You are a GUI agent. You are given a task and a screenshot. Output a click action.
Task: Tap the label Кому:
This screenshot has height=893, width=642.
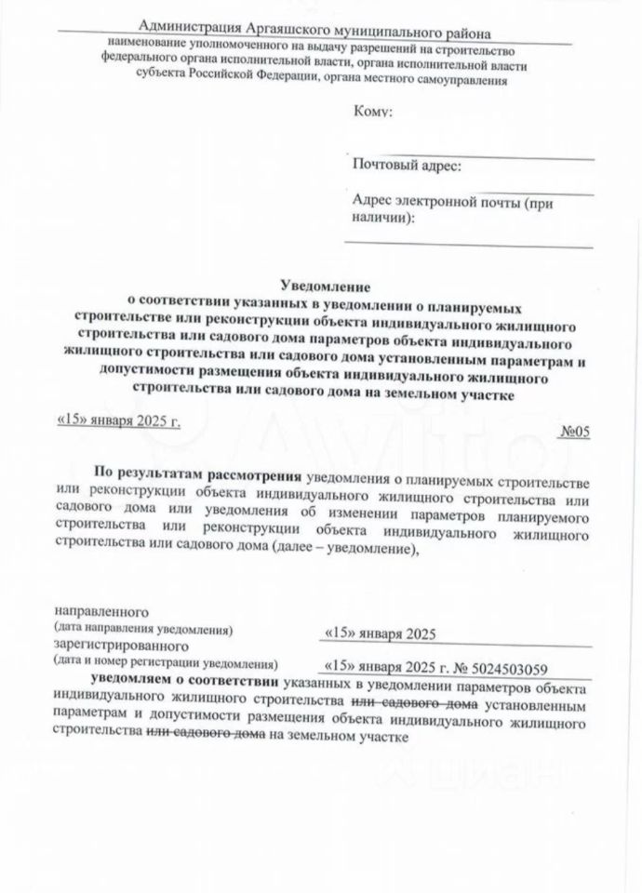[373, 113]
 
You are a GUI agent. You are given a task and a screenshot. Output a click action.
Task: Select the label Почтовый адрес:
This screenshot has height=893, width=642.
[406, 167]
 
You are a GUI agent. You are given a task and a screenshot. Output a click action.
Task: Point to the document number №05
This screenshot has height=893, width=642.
[577, 431]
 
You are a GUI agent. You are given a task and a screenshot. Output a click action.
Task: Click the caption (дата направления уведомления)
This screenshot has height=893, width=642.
[142, 629]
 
